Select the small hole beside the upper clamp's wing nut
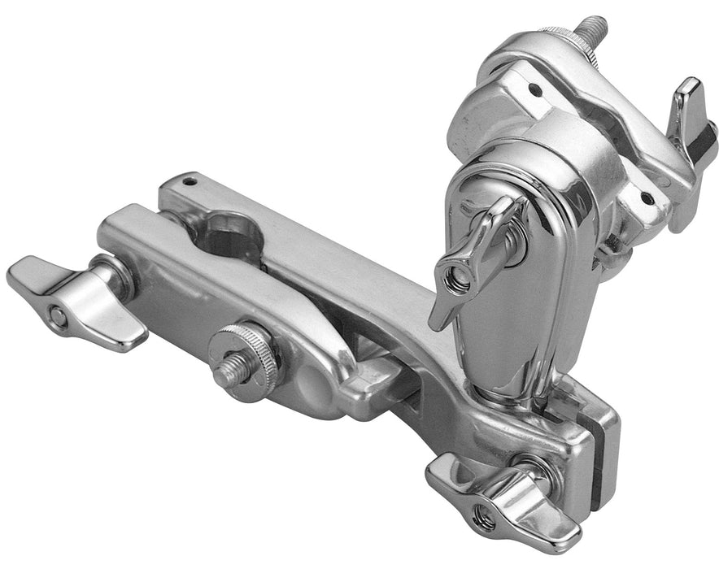647,197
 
